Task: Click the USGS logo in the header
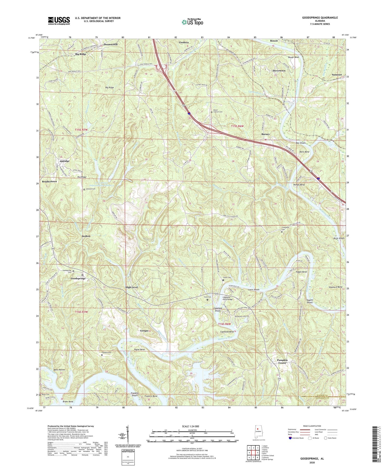tap(59, 20)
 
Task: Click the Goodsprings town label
tap(78, 278)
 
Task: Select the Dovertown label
tap(279, 70)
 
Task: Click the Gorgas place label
tap(144, 331)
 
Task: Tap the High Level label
tap(131, 287)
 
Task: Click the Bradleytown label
tap(49, 181)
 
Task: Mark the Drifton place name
tap(86, 236)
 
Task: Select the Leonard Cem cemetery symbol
tap(84, 190)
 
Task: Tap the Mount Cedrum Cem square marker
tap(211, 112)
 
